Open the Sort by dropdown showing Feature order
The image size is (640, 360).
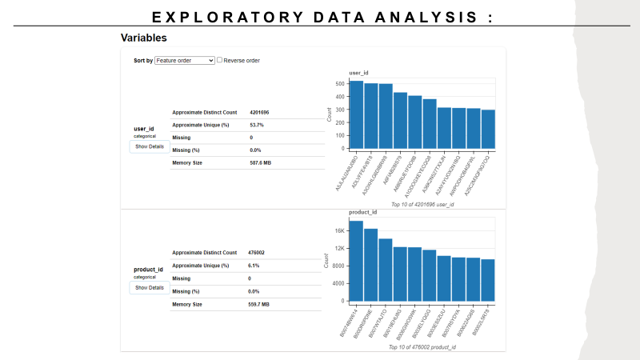pos(185,60)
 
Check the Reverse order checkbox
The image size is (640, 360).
pos(220,60)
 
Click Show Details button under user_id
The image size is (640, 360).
pos(149,146)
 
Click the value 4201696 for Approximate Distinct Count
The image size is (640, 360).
pos(259,112)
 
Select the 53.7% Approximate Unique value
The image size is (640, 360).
pos(257,125)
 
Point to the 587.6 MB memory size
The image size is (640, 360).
pos(260,162)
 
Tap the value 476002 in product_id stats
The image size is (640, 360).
pos(257,252)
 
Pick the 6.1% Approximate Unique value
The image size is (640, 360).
pos(255,265)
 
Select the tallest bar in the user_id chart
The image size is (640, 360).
pos(356,114)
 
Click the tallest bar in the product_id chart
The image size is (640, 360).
pos(356,261)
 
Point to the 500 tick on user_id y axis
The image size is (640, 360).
pos(341,83)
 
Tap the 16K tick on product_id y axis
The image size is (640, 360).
pos(340,230)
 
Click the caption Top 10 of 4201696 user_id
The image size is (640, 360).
pos(422,206)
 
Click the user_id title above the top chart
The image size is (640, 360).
pos(358,73)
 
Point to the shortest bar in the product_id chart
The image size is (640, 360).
pos(488,280)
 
